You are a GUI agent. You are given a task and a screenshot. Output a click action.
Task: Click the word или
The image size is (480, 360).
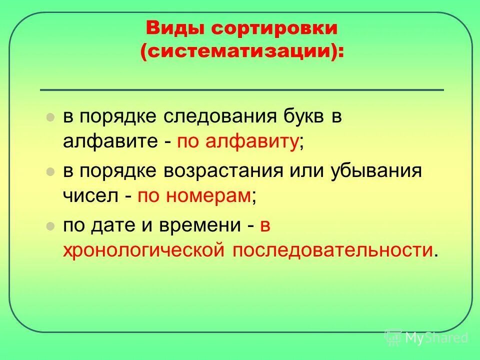click(309, 171)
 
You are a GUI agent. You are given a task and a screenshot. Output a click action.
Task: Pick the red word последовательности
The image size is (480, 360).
click(330, 250)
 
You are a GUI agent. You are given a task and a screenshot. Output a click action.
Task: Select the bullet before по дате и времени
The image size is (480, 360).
click(49, 226)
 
